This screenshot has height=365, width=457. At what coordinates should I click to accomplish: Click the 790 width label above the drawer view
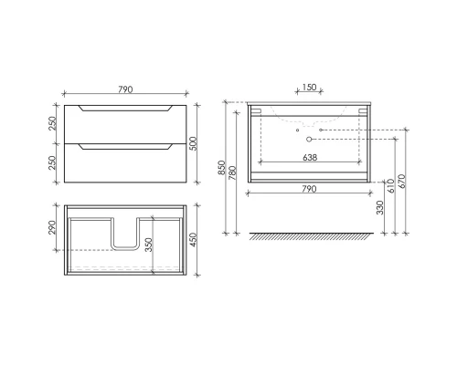tap(126, 89)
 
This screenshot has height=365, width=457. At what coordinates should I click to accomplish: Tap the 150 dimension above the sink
tap(309, 89)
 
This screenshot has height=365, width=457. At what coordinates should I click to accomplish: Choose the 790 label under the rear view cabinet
tap(309, 189)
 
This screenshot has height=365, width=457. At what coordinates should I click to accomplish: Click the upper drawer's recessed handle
tap(125, 109)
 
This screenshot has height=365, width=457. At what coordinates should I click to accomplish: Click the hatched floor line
tap(309, 236)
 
